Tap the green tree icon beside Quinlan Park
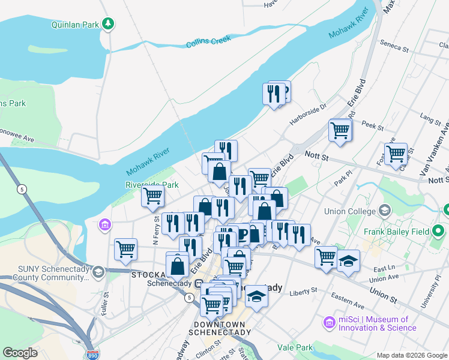pos(108,24)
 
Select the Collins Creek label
pos(208,42)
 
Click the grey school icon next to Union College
pos(384,211)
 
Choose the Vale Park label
pos(295,347)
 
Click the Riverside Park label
pos(152,184)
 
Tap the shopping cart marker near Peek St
pos(340,130)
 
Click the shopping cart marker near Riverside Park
pos(153,195)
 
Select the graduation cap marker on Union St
pos(348,261)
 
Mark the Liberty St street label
pos(303,291)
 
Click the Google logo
pos(20,353)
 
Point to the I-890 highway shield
pos(92,355)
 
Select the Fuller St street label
pos(104,301)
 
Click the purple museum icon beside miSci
pos(328,323)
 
